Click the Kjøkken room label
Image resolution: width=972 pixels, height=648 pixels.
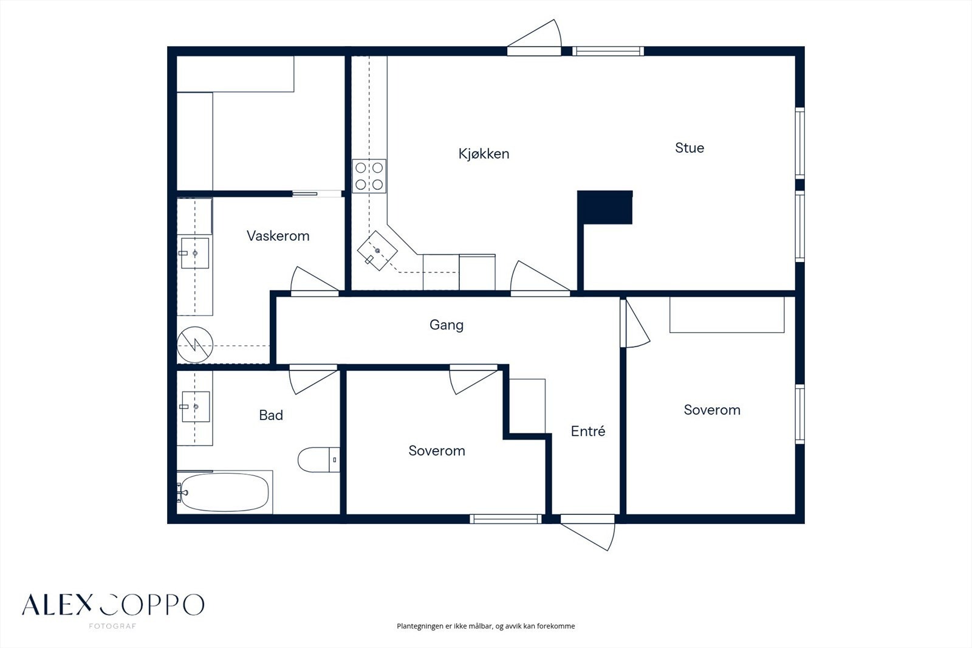[x=484, y=154]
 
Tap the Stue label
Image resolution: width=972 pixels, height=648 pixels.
[x=690, y=148]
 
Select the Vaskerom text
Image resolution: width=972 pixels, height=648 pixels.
[x=278, y=236]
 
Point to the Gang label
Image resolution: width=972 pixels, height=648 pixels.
[x=447, y=325]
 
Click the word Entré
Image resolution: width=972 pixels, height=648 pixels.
[x=588, y=431]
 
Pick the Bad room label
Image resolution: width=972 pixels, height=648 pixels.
[x=271, y=415]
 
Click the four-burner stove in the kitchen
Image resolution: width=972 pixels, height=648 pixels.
[x=369, y=176]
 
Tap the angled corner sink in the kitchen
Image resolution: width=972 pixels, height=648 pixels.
[x=377, y=251]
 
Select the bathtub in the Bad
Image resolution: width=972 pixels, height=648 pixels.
[x=225, y=492]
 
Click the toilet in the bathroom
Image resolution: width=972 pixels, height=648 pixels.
[x=318, y=460]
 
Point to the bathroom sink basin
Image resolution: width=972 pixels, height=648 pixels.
[x=196, y=407]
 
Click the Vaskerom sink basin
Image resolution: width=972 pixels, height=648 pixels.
[x=195, y=253]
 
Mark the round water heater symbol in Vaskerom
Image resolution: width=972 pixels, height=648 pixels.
[x=195, y=345]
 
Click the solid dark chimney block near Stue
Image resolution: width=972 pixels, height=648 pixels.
[x=605, y=207]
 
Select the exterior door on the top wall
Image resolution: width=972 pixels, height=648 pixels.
[x=534, y=38]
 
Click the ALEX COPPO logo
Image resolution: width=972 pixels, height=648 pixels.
[x=113, y=605]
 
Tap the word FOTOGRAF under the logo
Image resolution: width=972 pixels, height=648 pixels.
[x=113, y=626]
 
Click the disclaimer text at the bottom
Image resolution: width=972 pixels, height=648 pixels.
[x=485, y=626]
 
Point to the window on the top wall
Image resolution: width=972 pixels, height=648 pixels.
[x=608, y=51]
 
